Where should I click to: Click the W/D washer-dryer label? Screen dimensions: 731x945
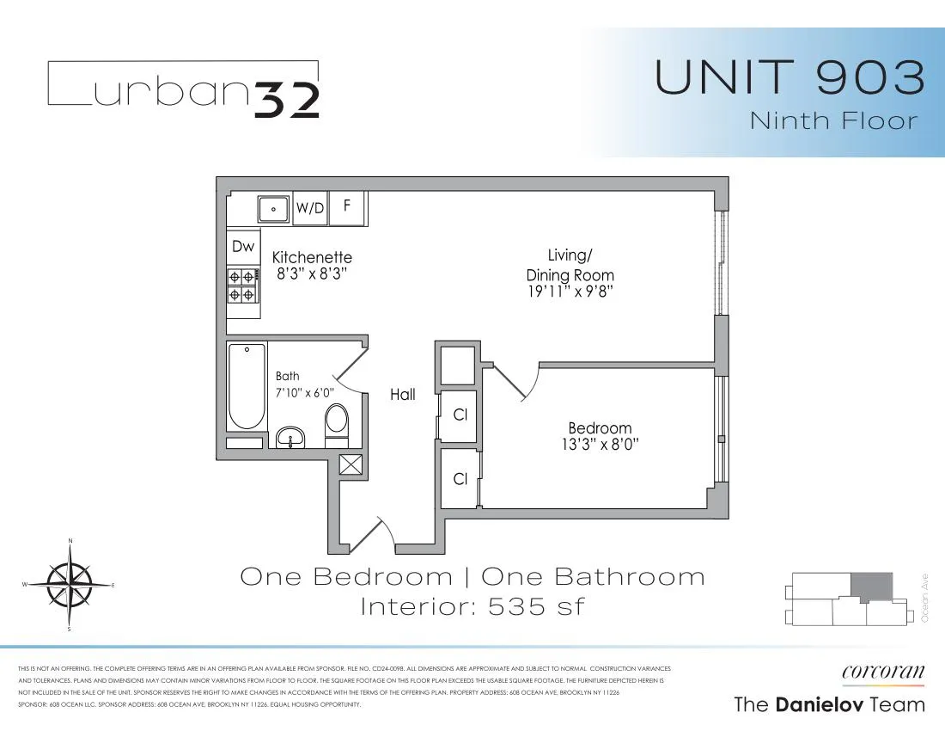(310, 208)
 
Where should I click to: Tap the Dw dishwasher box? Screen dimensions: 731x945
(243, 247)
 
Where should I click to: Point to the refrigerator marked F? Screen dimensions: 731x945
(347, 207)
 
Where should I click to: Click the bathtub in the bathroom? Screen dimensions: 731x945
(247, 387)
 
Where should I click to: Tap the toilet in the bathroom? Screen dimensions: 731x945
(336, 423)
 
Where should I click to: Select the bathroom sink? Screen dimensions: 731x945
(292, 438)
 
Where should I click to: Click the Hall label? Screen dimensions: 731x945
(402, 395)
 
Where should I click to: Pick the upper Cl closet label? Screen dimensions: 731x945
(460, 415)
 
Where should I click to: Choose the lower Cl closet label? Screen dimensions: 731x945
(460, 479)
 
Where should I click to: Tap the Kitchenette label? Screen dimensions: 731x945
(312, 257)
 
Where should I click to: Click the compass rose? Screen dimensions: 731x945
(70, 585)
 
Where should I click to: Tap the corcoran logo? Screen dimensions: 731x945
(884, 672)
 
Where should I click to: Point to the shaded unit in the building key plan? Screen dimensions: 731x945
(866, 587)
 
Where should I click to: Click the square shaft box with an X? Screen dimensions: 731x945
(351, 464)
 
